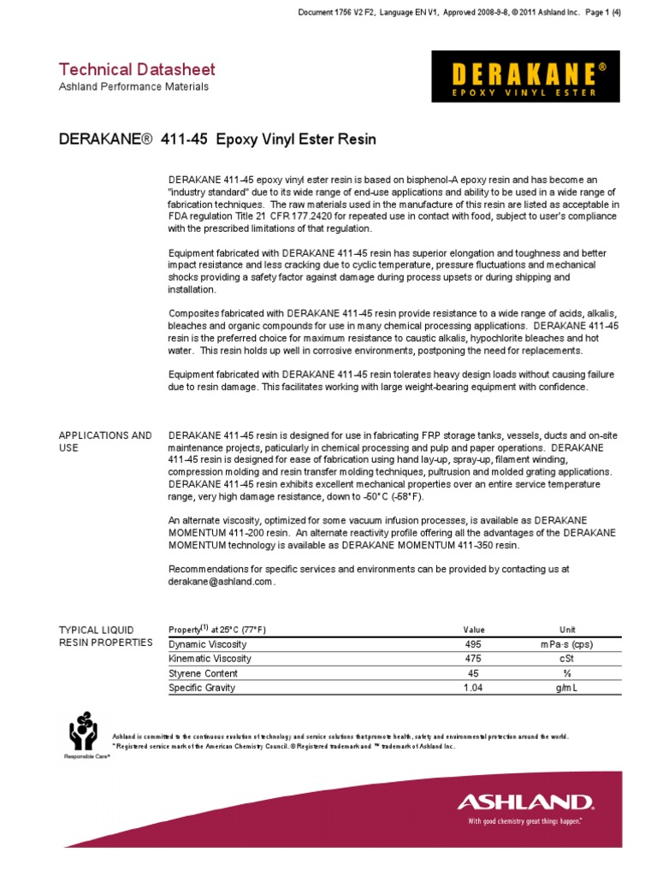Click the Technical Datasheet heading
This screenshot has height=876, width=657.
click(136, 69)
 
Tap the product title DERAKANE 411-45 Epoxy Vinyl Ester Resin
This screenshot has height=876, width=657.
click(216, 139)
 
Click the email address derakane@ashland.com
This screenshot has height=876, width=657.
click(222, 582)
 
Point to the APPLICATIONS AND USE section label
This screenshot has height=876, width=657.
click(104, 441)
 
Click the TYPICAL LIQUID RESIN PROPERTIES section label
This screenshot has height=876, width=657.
click(104, 636)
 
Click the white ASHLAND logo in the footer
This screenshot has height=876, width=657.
click(524, 802)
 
